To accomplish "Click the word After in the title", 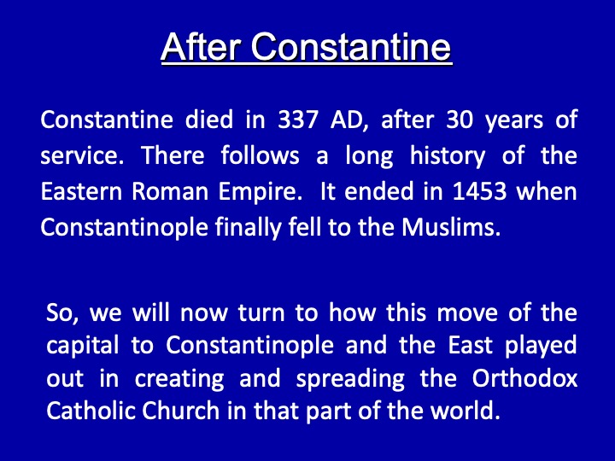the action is click(x=201, y=47).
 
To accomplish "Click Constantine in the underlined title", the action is click(x=351, y=47).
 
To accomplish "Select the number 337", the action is click(x=298, y=120).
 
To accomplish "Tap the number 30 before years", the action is click(x=460, y=120).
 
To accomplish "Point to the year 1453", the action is click(x=479, y=191).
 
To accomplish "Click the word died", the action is click(x=209, y=120).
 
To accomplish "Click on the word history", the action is click(x=447, y=156).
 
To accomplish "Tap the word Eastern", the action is click(x=81, y=191).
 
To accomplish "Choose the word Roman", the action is click(x=170, y=192).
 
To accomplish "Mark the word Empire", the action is click(x=261, y=192).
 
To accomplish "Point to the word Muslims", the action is click(x=451, y=227).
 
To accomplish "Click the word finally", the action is click(x=249, y=228).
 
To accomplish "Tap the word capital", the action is click(x=82, y=347).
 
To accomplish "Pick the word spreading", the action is click(x=350, y=379).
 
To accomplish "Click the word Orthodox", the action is click(x=524, y=378).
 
